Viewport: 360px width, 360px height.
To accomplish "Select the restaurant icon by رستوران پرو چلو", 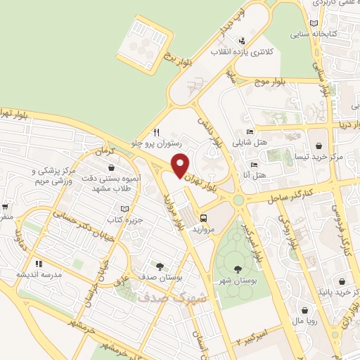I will [x=157, y=131].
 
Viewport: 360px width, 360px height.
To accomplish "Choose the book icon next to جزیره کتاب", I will [x=125, y=209].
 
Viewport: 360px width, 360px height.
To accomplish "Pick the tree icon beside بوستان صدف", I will [x=160, y=266].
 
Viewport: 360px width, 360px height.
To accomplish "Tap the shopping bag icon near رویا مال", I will [x=304, y=310].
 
